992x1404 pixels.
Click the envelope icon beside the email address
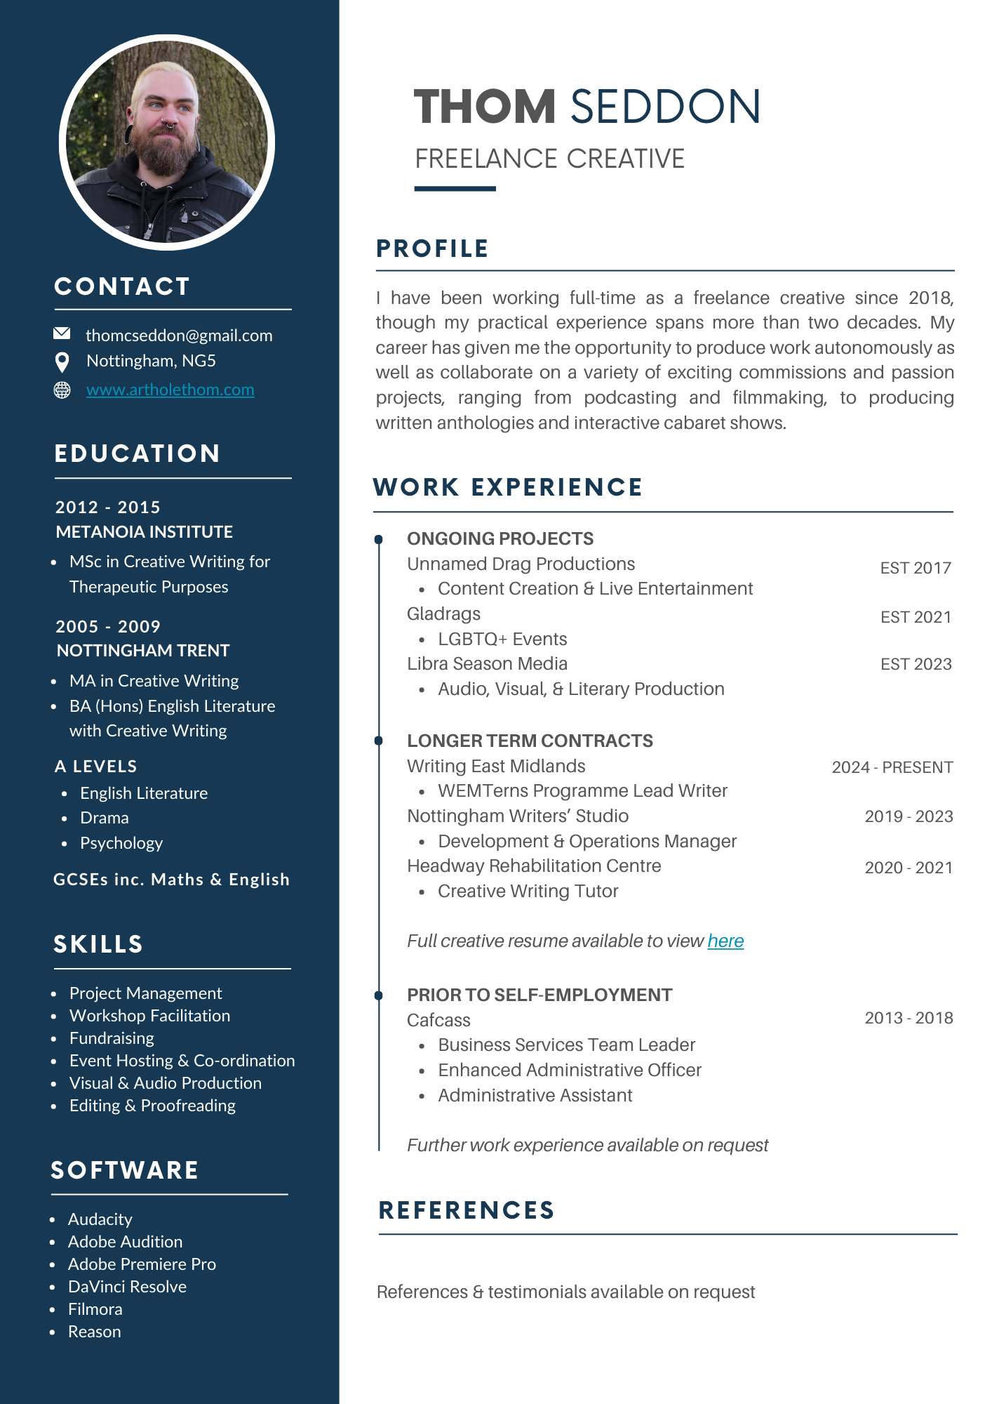pyautogui.click(x=62, y=333)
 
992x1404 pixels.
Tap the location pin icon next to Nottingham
pyautogui.click(x=62, y=362)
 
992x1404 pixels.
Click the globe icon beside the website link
pyautogui.click(x=62, y=390)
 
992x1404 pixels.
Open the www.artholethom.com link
pyautogui.click(x=170, y=390)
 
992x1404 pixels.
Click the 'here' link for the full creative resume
pyautogui.click(x=725, y=941)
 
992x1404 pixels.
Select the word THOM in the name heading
pyautogui.click(x=485, y=107)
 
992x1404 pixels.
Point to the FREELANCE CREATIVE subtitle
pyautogui.click(x=549, y=159)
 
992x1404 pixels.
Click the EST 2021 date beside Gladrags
pyautogui.click(x=916, y=617)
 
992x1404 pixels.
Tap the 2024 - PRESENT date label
pyautogui.click(x=892, y=767)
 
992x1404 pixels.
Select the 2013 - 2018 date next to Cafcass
pyautogui.click(x=909, y=1018)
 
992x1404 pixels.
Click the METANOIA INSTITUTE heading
pyautogui.click(x=145, y=532)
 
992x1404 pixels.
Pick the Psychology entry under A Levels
pyautogui.click(x=121, y=843)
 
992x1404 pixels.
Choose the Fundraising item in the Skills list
pyautogui.click(x=112, y=1038)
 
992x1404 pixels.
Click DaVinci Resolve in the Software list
pyautogui.click(x=127, y=1287)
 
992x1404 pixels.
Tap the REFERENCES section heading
pyautogui.click(x=467, y=1210)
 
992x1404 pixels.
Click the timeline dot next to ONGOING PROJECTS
pyautogui.click(x=379, y=539)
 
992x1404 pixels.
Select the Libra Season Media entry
pyautogui.click(x=487, y=664)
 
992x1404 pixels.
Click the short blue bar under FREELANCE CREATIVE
pyautogui.click(x=455, y=188)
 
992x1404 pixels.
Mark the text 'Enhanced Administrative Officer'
pyautogui.click(x=569, y=1070)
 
